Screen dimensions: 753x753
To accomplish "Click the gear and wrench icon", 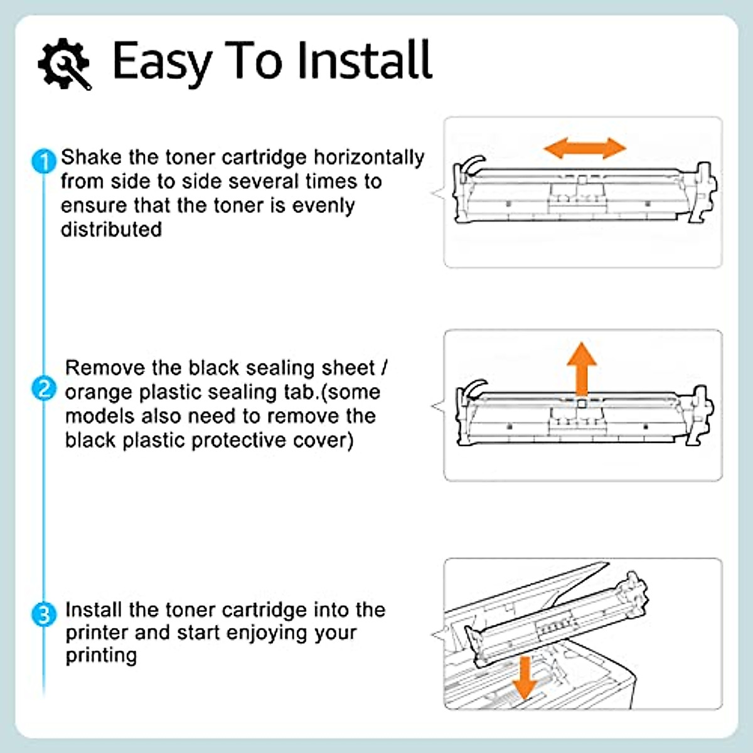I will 64,63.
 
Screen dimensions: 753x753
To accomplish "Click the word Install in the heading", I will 364,60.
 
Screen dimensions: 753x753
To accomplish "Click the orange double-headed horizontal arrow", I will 584,149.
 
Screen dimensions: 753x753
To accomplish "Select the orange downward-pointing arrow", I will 524,677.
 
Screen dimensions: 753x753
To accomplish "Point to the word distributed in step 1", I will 111,230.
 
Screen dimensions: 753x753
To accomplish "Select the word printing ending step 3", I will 101,656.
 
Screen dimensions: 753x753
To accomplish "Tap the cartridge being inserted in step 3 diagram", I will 558,621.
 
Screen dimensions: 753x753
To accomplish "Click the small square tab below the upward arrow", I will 582,405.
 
